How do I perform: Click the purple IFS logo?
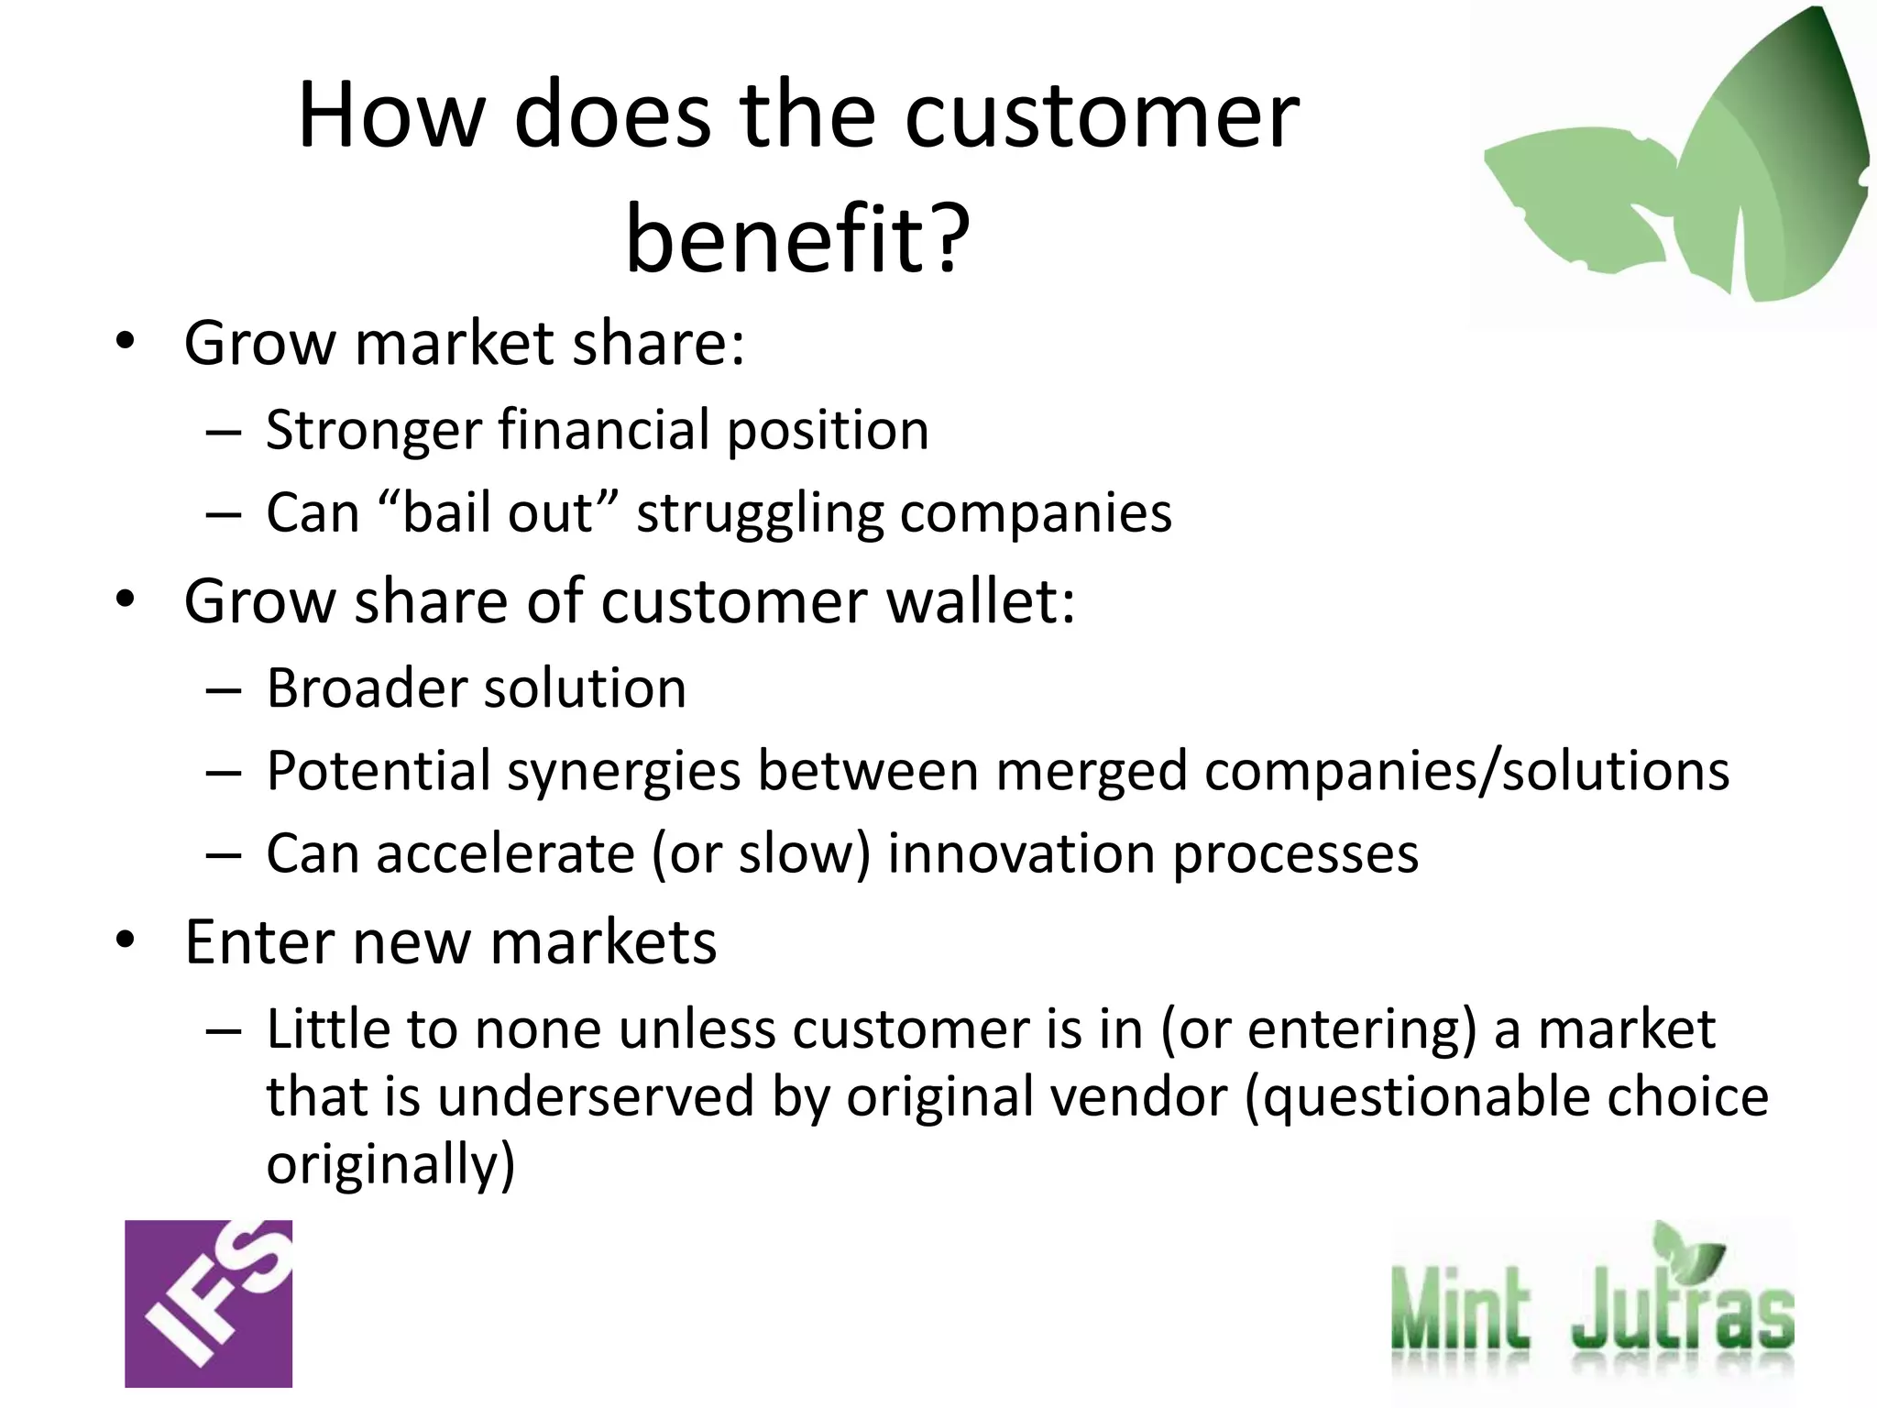tap(208, 1303)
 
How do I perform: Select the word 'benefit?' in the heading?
tap(797, 238)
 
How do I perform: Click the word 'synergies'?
tap(623, 772)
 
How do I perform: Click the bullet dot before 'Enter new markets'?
tap(126, 940)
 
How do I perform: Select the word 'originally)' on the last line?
tap(390, 1164)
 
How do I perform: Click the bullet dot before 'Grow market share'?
tap(126, 342)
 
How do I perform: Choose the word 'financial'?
tap(604, 430)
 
